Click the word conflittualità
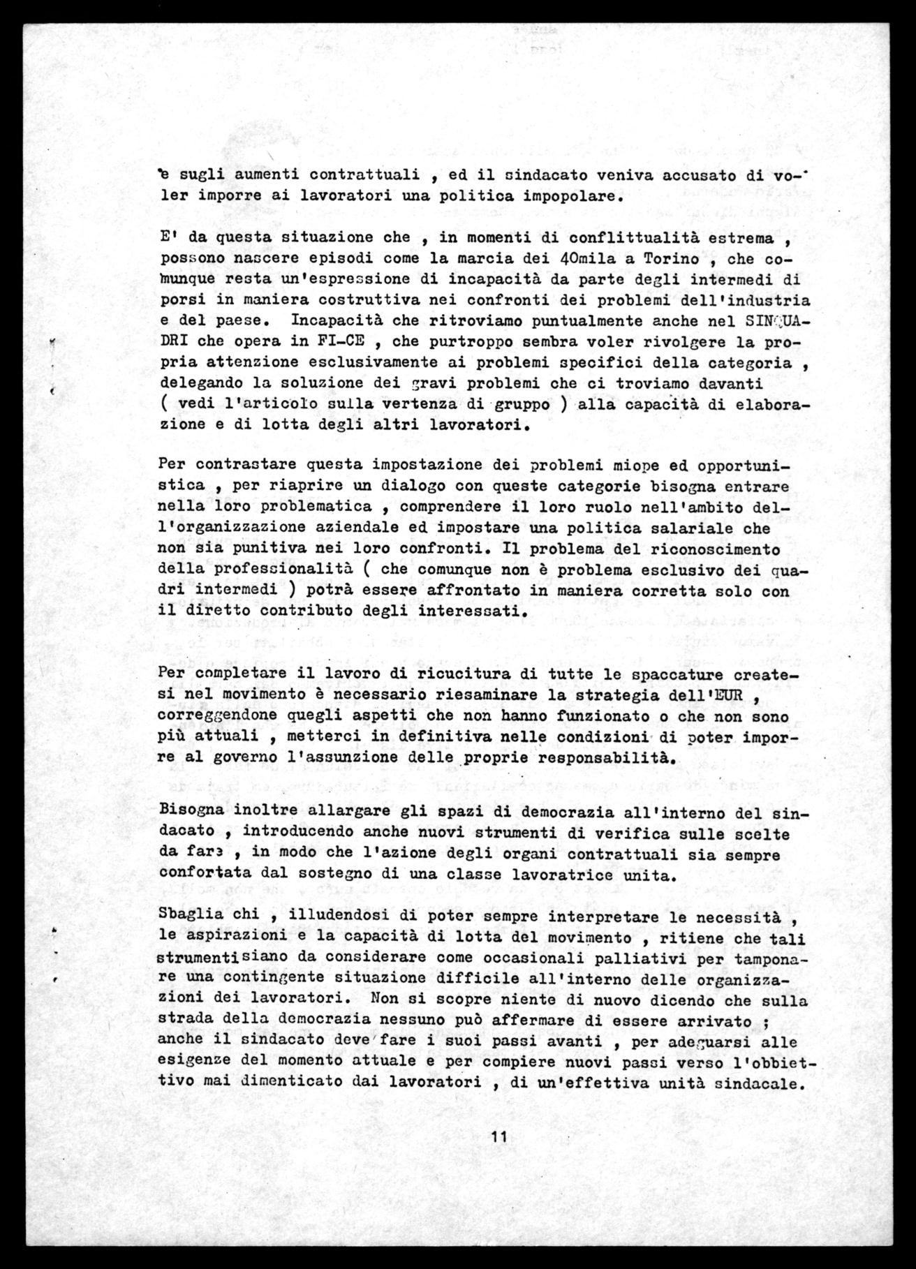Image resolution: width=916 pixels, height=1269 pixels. [623, 237]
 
